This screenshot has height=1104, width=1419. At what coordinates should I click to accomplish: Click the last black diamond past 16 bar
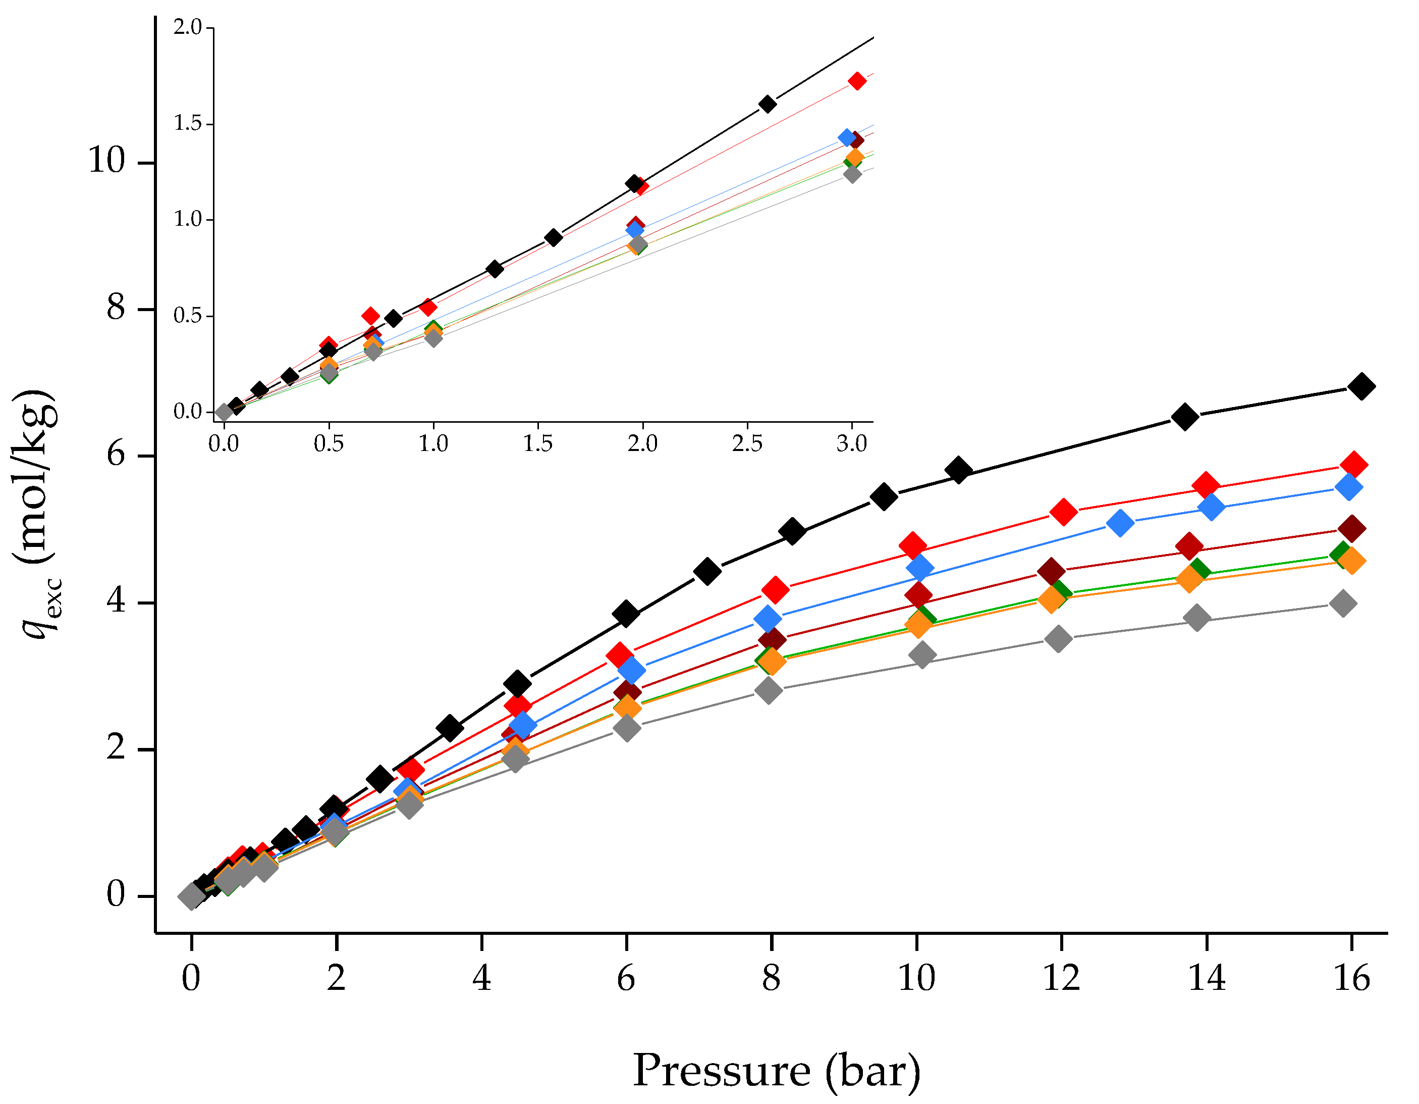coord(1361,386)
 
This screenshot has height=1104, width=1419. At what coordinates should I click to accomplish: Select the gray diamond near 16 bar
coord(1343,604)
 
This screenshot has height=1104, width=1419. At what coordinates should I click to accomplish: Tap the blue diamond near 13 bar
coord(1120,523)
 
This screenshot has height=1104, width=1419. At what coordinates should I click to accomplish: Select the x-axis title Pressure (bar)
coord(777,1070)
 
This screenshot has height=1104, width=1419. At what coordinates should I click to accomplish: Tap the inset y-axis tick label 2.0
coord(188,27)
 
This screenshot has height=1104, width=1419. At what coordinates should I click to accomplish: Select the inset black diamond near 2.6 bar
coord(768,104)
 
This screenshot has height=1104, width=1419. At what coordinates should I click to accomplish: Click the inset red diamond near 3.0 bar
coord(857,81)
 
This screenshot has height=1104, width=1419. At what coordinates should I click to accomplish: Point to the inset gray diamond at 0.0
coord(224,412)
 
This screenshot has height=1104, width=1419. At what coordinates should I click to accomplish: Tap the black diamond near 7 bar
coord(707,571)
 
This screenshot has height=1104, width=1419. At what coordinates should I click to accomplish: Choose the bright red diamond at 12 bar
coord(1064,512)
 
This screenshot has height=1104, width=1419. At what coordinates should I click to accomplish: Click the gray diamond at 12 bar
coord(1058,638)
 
